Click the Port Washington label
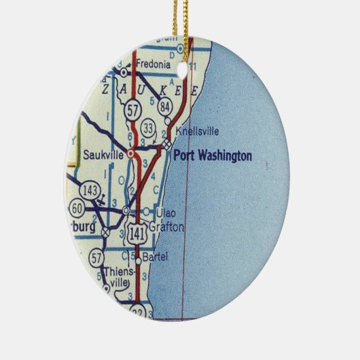[x=213, y=156]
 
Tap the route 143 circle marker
[x=90, y=188]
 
